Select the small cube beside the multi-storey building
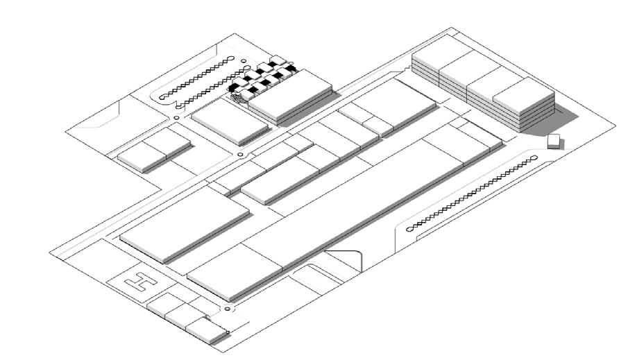coord(554,141)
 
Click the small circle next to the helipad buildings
coord(227,308)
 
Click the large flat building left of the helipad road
coord(184,222)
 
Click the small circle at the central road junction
coord(240,154)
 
